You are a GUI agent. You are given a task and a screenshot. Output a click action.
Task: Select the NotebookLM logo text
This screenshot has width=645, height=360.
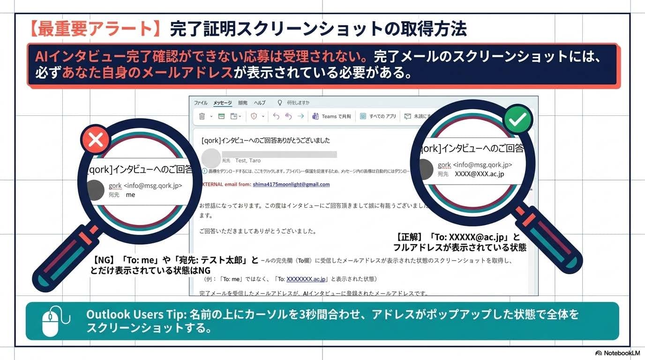click(x=618, y=353)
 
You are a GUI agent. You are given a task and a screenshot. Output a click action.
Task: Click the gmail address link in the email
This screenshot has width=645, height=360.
click(x=291, y=185)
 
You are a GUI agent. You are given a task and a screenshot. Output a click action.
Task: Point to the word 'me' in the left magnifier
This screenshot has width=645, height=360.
click(x=130, y=195)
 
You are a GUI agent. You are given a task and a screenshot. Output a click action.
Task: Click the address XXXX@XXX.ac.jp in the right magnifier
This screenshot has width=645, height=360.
click(x=479, y=174)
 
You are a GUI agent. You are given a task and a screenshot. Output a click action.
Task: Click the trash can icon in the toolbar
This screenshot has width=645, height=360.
click(x=202, y=116)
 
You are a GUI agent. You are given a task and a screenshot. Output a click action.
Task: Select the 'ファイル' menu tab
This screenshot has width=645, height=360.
click(x=201, y=103)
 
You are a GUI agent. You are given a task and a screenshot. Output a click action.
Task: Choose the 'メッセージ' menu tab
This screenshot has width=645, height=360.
click(x=222, y=103)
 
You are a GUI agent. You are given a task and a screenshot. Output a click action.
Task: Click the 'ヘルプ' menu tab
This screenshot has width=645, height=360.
click(x=260, y=103)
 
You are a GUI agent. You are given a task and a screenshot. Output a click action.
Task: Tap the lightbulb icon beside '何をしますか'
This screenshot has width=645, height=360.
click(x=280, y=103)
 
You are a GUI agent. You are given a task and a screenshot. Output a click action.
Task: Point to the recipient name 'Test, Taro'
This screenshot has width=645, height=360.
click(x=247, y=161)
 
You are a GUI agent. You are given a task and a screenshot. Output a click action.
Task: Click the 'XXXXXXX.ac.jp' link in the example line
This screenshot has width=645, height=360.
click(x=306, y=279)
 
